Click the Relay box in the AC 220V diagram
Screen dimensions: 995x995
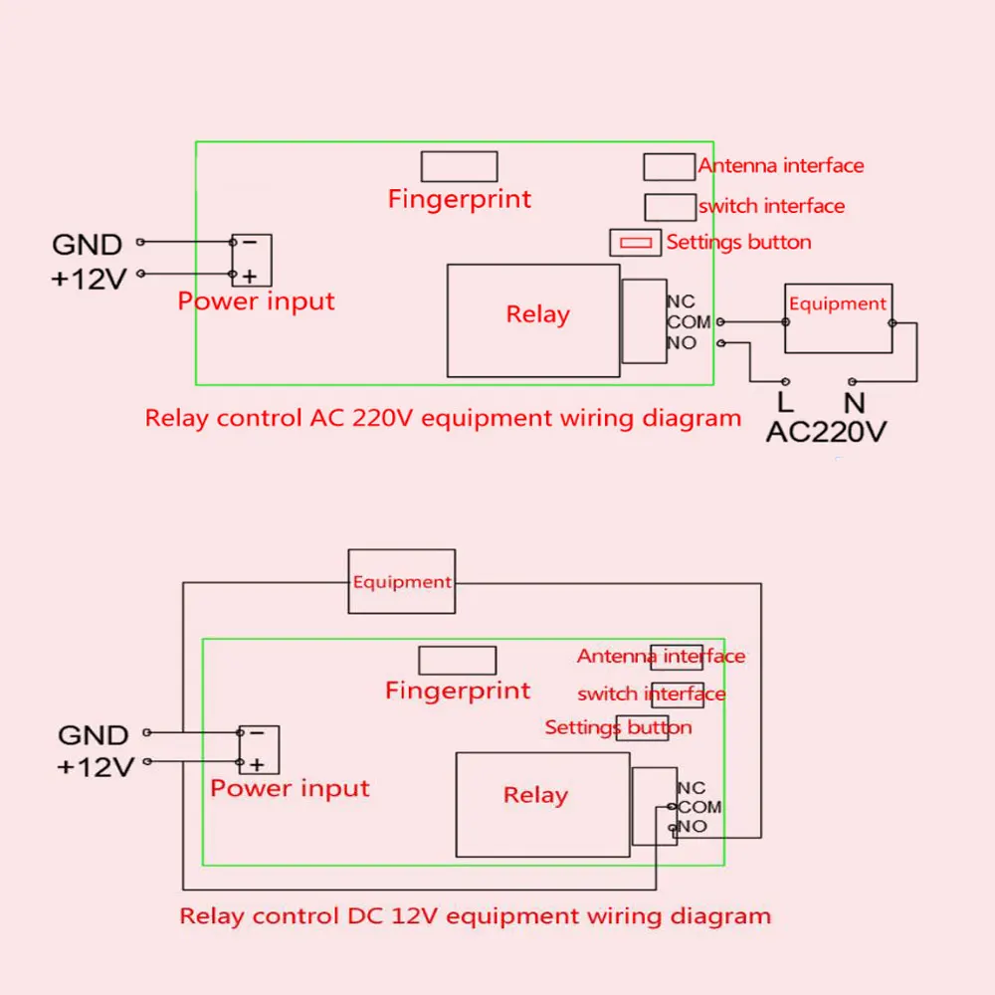point(533,320)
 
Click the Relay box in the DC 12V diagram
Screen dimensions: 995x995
point(542,805)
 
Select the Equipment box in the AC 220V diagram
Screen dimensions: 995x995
point(838,318)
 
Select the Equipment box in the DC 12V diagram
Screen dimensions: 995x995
point(402,581)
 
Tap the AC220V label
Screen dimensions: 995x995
point(826,432)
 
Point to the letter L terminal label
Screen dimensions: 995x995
point(785,402)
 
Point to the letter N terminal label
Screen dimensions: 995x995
point(854,403)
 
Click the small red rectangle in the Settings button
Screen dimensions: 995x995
point(636,243)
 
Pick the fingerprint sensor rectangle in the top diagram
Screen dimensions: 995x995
point(459,166)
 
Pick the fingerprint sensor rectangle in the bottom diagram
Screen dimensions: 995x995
point(457,661)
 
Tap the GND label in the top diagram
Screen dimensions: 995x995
point(87,245)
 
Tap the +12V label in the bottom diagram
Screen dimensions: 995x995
point(96,767)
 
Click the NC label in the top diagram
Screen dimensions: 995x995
point(681,301)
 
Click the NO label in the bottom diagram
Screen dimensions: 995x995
point(693,826)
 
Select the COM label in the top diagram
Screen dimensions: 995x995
point(689,321)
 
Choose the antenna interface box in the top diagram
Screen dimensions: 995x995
point(669,167)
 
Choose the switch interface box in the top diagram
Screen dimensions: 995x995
point(670,207)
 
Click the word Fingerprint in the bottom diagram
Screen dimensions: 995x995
point(458,692)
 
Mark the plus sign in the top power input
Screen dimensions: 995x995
point(250,276)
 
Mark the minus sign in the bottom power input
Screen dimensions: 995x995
point(257,733)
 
